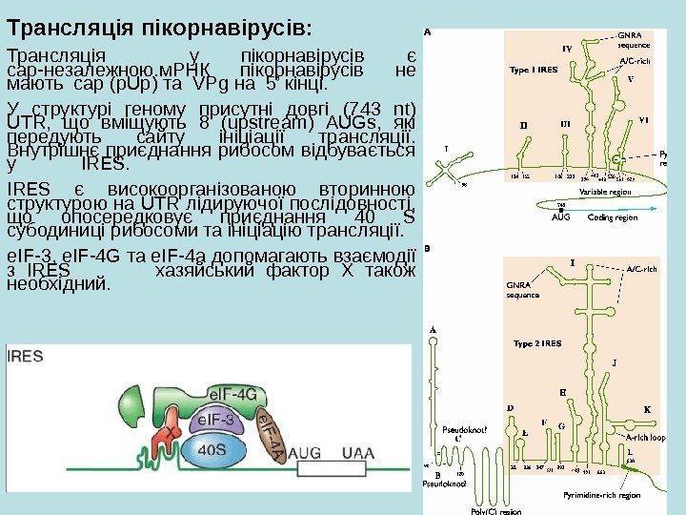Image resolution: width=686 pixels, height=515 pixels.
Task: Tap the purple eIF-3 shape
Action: click(222, 419)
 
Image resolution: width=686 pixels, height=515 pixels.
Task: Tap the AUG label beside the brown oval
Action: click(307, 451)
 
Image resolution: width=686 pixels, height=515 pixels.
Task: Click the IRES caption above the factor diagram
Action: click(31, 359)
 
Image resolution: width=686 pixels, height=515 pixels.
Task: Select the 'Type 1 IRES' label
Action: click(533, 70)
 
